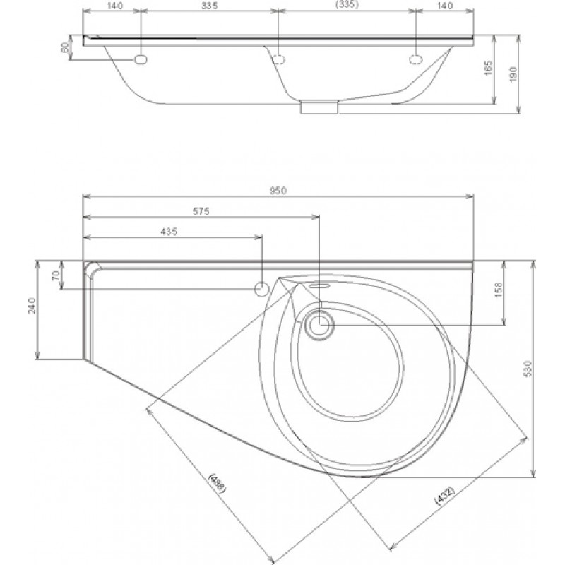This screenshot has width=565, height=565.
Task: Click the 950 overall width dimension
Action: click(x=278, y=191)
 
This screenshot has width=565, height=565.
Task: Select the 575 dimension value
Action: click(x=201, y=211)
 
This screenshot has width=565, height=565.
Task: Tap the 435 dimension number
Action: click(x=169, y=232)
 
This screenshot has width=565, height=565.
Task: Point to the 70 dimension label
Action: click(x=56, y=276)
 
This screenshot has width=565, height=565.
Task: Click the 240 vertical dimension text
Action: click(x=32, y=305)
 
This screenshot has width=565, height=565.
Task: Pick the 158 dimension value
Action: click(x=498, y=290)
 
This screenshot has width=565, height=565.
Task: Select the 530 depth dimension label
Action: click(x=528, y=369)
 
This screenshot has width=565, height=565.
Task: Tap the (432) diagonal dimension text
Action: click(x=446, y=496)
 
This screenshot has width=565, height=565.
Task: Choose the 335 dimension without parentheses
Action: click(x=210, y=6)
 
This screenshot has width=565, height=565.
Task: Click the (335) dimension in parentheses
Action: click(x=347, y=5)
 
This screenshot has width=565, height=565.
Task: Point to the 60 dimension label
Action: click(x=65, y=47)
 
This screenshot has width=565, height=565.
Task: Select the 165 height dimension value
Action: click(x=488, y=68)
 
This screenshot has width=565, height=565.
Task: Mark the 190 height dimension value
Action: click(x=513, y=74)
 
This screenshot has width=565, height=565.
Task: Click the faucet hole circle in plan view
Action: click(x=261, y=289)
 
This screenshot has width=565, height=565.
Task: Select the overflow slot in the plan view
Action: click(x=320, y=286)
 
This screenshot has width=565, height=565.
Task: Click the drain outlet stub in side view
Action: click(x=319, y=108)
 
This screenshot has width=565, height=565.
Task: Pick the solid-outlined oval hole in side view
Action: click(x=141, y=60)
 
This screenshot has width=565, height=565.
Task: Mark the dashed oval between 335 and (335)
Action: click(x=278, y=59)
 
